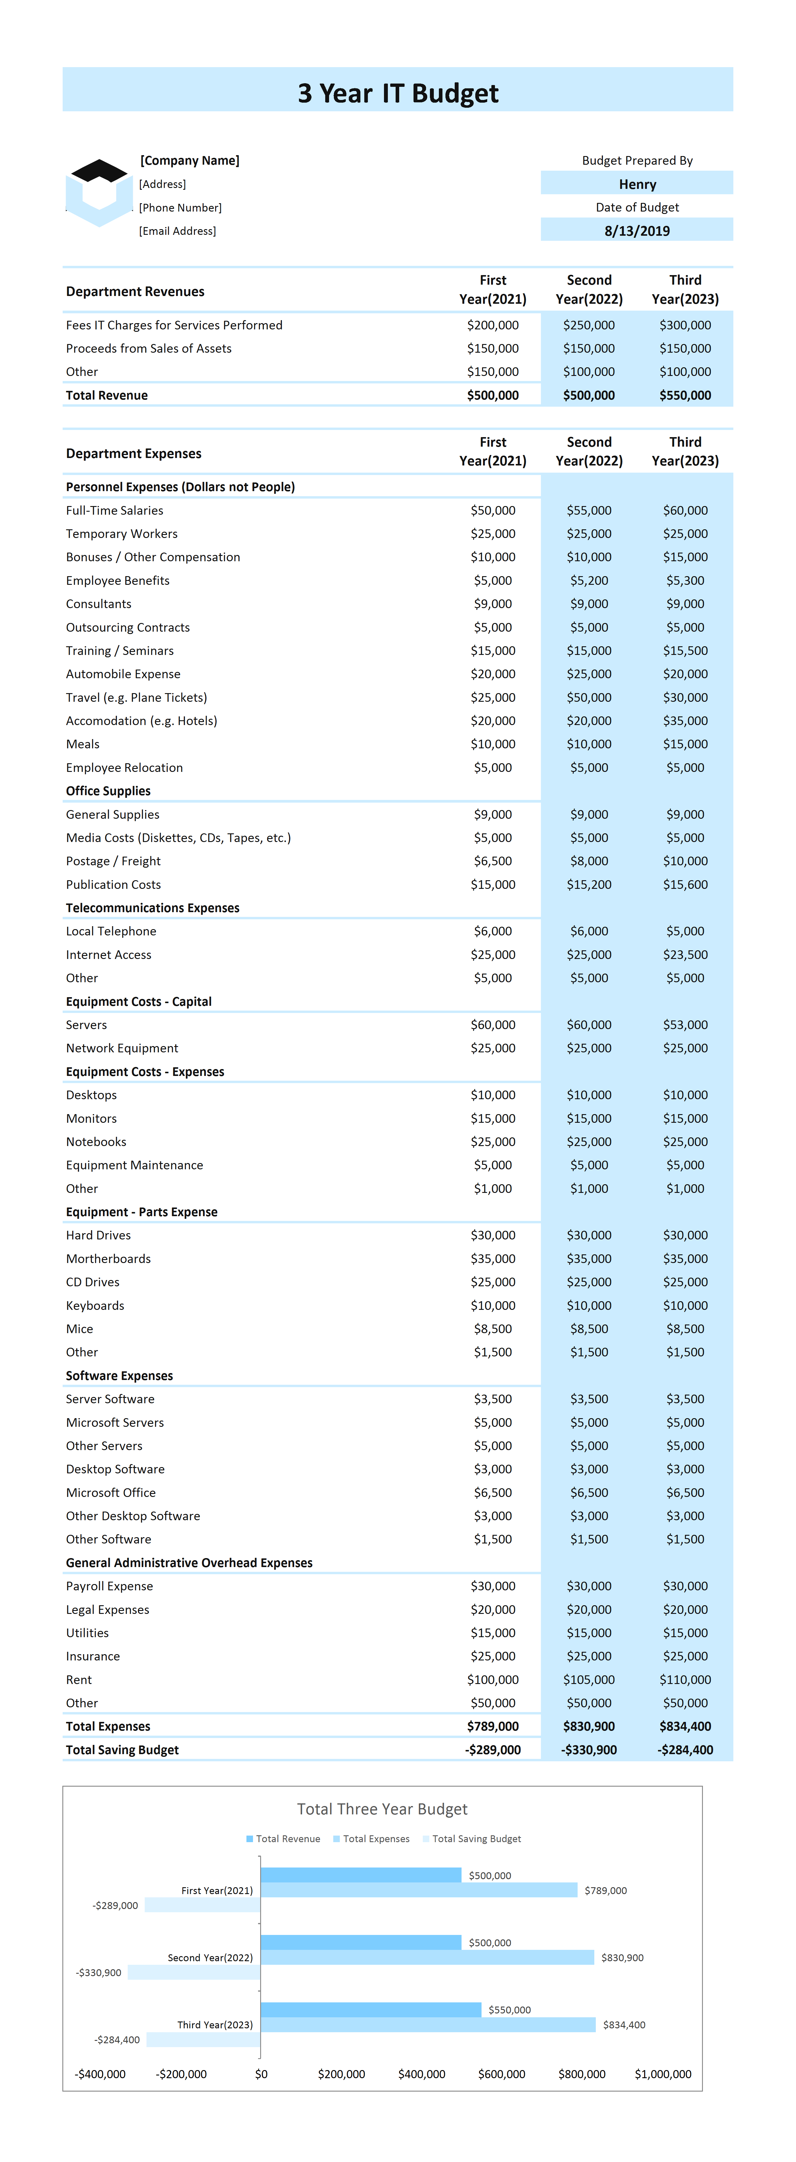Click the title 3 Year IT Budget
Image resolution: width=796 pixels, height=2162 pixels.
398,93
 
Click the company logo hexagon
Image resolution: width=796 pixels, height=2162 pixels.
99,193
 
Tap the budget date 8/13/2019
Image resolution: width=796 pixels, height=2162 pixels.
637,231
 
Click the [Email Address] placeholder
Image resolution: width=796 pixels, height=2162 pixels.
177,231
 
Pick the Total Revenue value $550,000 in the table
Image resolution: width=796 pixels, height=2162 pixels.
685,395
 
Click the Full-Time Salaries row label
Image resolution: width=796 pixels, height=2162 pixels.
115,510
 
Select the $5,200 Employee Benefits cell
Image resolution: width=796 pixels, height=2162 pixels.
590,581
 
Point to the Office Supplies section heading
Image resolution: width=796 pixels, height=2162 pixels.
108,791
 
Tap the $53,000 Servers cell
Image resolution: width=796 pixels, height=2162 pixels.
685,1025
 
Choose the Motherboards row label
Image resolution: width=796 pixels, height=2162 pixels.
108,1259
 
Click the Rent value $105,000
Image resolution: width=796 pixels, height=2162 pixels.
590,1680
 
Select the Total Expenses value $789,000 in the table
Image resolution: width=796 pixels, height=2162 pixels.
493,1726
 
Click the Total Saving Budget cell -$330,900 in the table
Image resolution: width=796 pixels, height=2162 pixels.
590,1750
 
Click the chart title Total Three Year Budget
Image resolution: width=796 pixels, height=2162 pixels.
382,1810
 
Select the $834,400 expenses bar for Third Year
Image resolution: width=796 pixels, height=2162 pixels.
428,2025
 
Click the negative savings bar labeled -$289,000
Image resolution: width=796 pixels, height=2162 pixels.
202,1905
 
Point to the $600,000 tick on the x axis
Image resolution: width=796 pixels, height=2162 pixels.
502,2074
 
